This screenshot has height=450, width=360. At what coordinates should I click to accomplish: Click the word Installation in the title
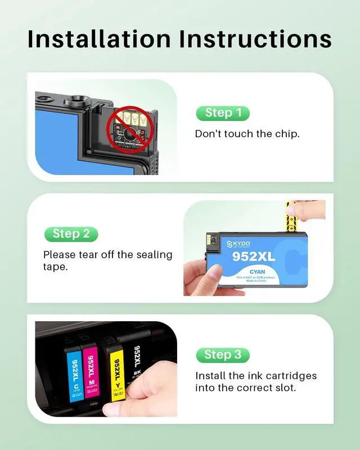point(99,39)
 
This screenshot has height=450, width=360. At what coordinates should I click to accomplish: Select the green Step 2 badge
point(71,233)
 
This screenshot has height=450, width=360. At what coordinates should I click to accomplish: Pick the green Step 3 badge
point(223,355)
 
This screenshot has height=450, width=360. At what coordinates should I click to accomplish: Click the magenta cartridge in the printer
point(91,371)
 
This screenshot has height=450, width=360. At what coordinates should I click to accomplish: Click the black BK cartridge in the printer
point(137,360)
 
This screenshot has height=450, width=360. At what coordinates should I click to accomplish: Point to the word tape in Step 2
point(55,267)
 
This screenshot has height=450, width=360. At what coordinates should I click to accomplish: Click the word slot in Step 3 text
point(284,388)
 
